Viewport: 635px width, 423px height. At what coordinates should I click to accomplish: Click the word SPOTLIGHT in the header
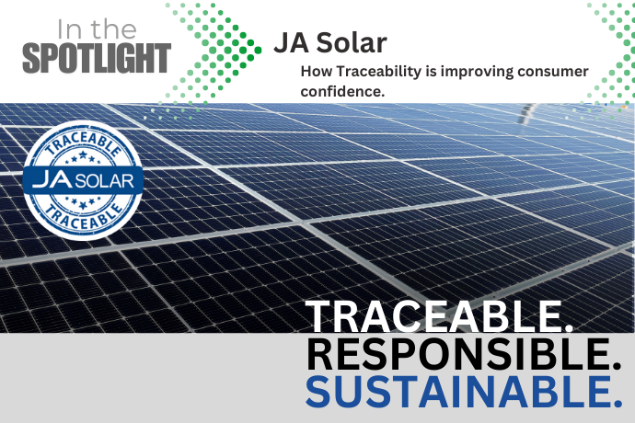[x=97, y=58]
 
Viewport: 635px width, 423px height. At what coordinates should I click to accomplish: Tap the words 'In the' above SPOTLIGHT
[x=97, y=29]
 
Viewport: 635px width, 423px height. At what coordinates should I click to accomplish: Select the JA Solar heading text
[x=330, y=42]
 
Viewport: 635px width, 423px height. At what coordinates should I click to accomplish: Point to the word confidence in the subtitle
[x=342, y=91]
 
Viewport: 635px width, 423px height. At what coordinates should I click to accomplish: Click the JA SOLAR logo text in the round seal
[x=83, y=180]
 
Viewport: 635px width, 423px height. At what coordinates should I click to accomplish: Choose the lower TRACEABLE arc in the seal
[x=83, y=216]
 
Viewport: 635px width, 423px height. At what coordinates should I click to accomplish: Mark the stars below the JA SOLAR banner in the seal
[x=83, y=201]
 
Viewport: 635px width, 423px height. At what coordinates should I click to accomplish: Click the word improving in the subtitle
[x=477, y=72]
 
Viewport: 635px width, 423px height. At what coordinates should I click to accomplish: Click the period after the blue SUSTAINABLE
[x=618, y=404]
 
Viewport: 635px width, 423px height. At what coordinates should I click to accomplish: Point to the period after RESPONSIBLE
[x=618, y=366]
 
